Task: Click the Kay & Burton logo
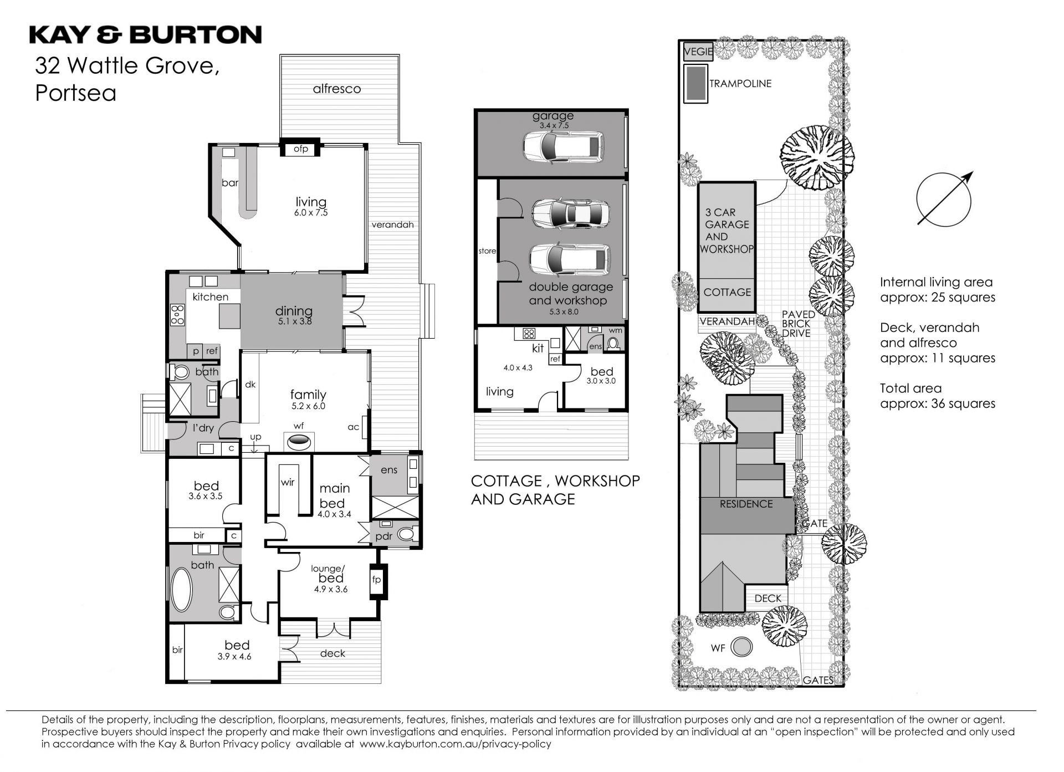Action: pyautogui.click(x=145, y=34)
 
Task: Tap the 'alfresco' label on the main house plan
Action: pyautogui.click(x=337, y=89)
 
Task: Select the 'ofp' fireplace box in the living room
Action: pyautogui.click(x=301, y=149)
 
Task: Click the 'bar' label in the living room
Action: pyautogui.click(x=230, y=182)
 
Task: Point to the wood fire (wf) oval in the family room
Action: pyautogui.click(x=299, y=442)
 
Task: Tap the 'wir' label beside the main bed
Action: pyautogui.click(x=288, y=482)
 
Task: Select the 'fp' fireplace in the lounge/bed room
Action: pyautogui.click(x=377, y=580)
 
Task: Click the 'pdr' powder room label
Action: pyautogui.click(x=383, y=536)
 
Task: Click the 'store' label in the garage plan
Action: pyautogui.click(x=487, y=251)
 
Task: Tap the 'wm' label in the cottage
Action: pyautogui.click(x=616, y=330)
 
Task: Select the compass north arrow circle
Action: pyautogui.click(x=944, y=200)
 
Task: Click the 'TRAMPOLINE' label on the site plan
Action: pyautogui.click(x=740, y=84)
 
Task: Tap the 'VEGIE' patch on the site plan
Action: pyautogui.click(x=698, y=52)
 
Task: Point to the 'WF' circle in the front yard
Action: pyautogui.click(x=741, y=646)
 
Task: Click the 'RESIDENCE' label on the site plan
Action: pyautogui.click(x=746, y=504)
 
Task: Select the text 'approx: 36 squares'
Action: pyautogui.click(x=938, y=403)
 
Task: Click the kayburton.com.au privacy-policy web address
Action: pyautogui.click(x=456, y=744)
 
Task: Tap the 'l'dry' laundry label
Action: pyautogui.click(x=203, y=427)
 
